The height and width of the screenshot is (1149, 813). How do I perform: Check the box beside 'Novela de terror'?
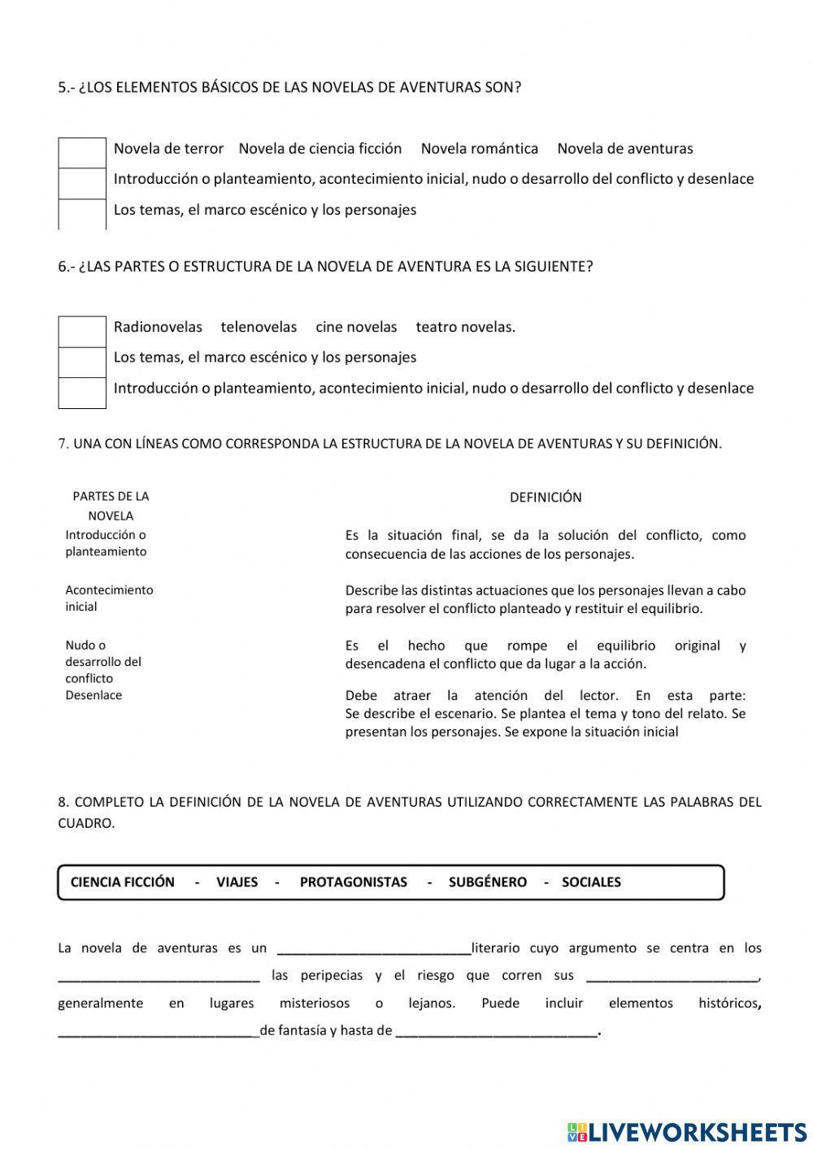pyautogui.click(x=82, y=153)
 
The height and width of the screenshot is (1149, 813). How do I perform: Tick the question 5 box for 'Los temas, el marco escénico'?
pyautogui.click(x=82, y=214)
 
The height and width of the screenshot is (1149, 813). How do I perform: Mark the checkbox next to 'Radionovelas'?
pyautogui.click(x=82, y=332)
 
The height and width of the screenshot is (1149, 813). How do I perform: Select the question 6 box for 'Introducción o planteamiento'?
pyautogui.click(x=82, y=393)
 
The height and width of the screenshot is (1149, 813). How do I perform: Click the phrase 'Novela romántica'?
pyautogui.click(x=479, y=149)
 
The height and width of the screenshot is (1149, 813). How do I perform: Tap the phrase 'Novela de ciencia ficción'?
pyautogui.click(x=320, y=149)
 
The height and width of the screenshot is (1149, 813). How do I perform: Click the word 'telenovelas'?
pyautogui.click(x=259, y=327)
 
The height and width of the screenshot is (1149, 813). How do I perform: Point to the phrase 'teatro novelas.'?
pyautogui.click(x=465, y=327)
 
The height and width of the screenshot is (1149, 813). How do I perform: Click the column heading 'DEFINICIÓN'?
pyautogui.click(x=545, y=497)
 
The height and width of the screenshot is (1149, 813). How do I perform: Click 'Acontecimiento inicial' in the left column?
pyautogui.click(x=109, y=598)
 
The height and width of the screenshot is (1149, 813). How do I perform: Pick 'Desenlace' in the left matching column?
pyautogui.click(x=93, y=695)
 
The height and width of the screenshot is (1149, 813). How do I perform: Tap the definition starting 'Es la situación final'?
pyautogui.click(x=545, y=545)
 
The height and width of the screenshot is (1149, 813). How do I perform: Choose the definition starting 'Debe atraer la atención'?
pyautogui.click(x=545, y=713)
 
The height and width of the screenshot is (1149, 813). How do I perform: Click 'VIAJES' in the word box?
pyautogui.click(x=237, y=882)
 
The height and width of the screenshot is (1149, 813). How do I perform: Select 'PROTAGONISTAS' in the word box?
pyautogui.click(x=353, y=882)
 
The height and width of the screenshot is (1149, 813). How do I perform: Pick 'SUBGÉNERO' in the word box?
pyautogui.click(x=487, y=882)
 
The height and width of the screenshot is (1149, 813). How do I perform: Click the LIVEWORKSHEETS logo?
pyautogui.click(x=687, y=1131)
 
